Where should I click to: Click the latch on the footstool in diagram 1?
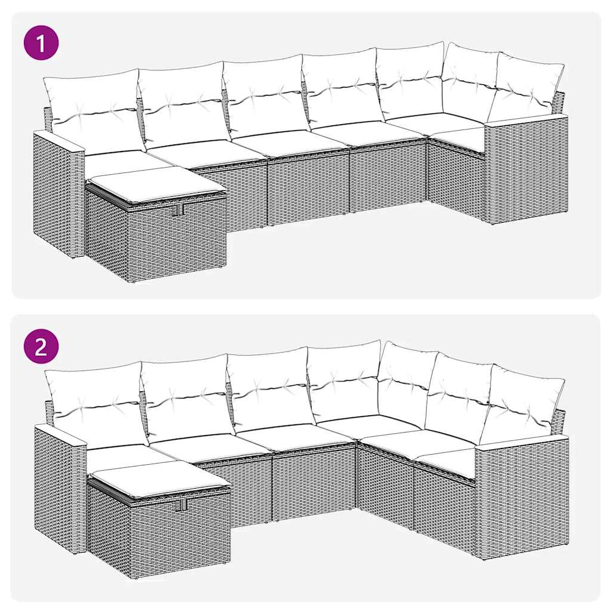point(177,211)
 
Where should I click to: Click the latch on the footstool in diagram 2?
point(182,505)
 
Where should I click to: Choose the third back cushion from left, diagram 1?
point(266,95)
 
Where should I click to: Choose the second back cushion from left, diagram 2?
point(187,396)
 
